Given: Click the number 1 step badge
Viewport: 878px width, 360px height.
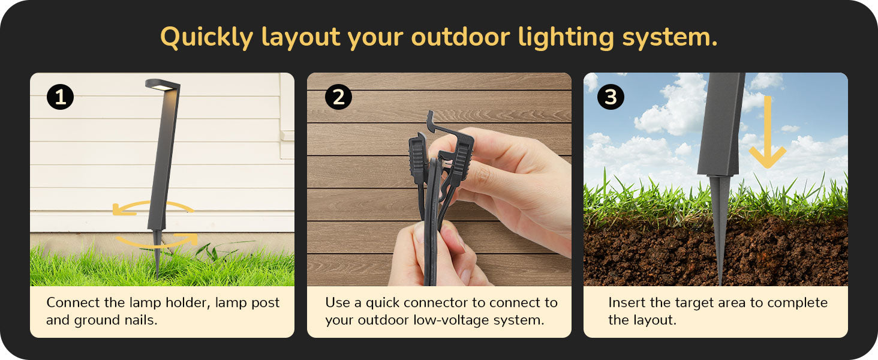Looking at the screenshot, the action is pos(60,97).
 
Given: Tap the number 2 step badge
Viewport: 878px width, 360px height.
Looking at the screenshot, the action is pos(338,97).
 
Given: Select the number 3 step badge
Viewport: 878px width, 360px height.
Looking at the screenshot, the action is pos(611,97).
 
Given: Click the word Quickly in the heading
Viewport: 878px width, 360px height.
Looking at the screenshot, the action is pos(206,38).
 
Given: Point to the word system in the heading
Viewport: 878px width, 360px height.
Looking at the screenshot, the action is pos(670,38).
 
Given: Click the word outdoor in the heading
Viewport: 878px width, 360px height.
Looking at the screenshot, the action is pos(461,37).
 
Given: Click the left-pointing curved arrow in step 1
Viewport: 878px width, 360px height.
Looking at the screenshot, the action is pos(152,208).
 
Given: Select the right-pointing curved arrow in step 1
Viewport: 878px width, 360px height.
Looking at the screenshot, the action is pos(157,241).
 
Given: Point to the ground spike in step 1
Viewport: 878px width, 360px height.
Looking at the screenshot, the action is pos(157,253).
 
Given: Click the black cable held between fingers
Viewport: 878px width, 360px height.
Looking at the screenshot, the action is pos(432,224).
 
